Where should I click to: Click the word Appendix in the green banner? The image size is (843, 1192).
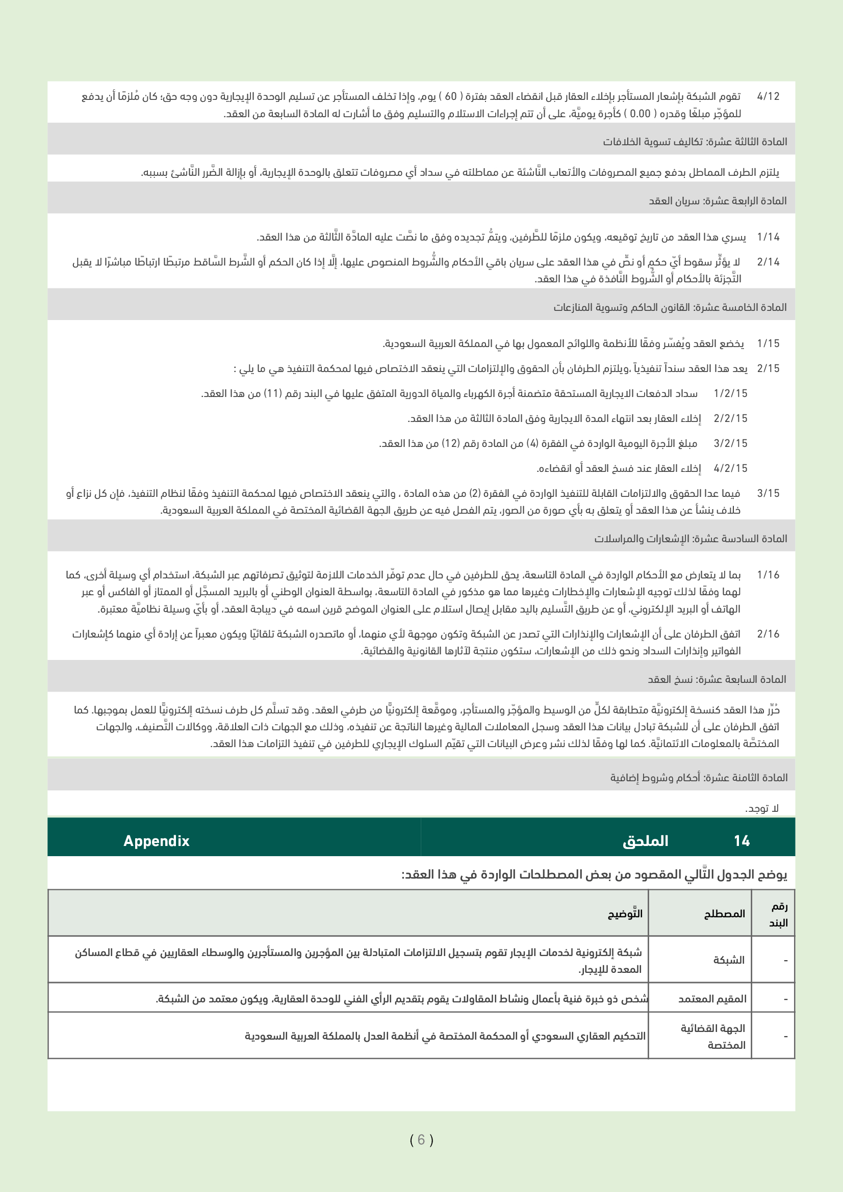(157, 841)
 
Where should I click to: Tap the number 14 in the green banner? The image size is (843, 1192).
(742, 841)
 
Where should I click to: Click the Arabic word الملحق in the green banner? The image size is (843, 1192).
(645, 841)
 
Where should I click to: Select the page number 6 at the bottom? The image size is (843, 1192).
(421, 1140)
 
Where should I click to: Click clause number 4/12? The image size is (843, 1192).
(768, 96)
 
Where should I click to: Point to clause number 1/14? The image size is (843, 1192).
(768, 237)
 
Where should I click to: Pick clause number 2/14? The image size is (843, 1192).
(768, 262)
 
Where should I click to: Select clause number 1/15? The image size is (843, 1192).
(768, 343)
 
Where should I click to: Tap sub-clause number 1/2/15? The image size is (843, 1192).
(730, 393)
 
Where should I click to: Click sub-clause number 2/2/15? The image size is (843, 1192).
(730, 418)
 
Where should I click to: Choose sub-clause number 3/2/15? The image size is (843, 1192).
(730, 443)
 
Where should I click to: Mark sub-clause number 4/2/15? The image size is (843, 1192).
(730, 468)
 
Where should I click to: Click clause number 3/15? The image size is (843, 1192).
(768, 493)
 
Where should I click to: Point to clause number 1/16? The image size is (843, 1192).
(768, 575)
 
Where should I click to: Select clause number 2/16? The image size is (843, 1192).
(768, 634)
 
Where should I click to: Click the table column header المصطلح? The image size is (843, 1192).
(725, 914)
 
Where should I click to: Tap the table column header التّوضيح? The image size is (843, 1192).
(625, 914)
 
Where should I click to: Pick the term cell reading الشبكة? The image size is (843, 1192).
(729, 960)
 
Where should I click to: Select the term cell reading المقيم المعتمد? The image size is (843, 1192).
(712, 999)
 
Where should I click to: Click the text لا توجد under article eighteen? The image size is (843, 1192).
(762, 809)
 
